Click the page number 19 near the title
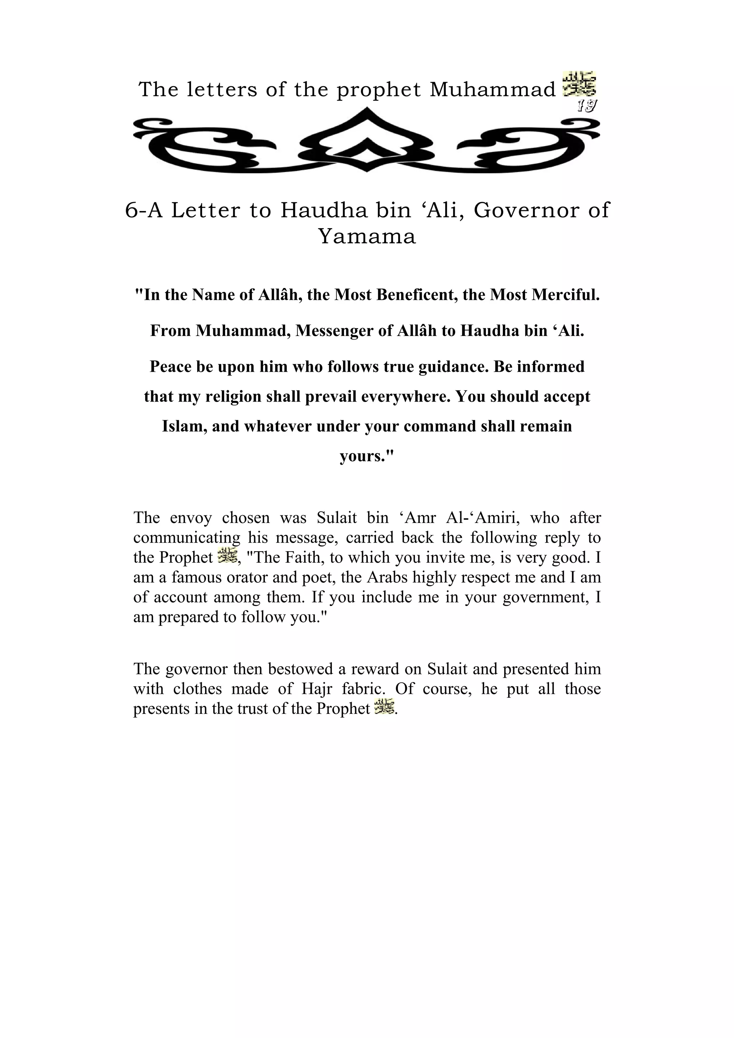tap(587, 106)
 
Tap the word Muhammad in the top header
tap(492, 90)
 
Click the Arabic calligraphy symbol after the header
tap(579, 84)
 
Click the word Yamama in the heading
tap(367, 236)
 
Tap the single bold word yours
tap(367, 456)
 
